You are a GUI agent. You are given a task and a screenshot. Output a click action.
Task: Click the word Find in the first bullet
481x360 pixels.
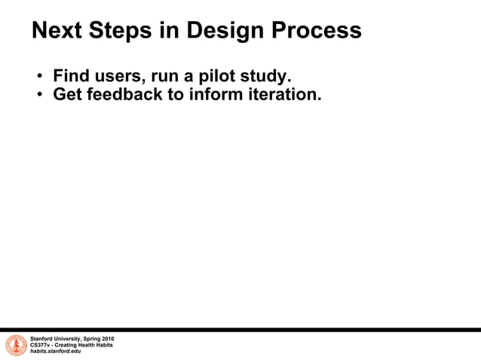[70, 77]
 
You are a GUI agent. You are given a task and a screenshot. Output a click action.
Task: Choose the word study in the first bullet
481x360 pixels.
[267, 77]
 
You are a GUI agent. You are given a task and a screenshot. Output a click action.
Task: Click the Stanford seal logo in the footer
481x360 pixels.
[16, 346]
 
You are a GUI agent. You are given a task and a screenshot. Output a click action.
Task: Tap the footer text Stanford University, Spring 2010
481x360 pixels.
[72, 339]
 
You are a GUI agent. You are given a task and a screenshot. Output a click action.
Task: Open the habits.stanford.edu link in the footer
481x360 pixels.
[55, 352]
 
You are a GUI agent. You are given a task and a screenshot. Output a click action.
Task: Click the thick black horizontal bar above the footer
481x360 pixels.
[240, 329]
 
